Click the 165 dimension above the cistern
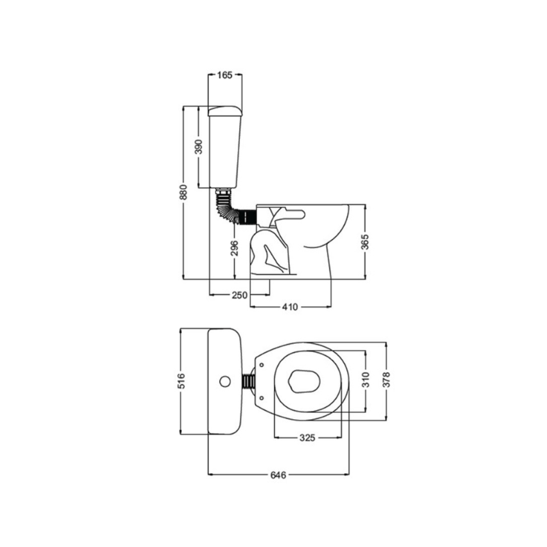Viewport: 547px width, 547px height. pos(224,75)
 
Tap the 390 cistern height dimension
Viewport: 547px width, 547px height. pos(198,147)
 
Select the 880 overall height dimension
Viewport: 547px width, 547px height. pos(183,192)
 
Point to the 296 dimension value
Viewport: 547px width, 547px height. pos(235,248)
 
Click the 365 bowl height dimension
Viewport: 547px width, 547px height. pos(364,242)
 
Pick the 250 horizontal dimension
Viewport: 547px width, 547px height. pos(239,295)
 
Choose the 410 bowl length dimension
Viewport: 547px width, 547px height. pos(290,307)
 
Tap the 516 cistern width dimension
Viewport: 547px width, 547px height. pos(181,382)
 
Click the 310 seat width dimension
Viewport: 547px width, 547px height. pos(365,380)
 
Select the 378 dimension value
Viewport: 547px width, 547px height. pos(386,379)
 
